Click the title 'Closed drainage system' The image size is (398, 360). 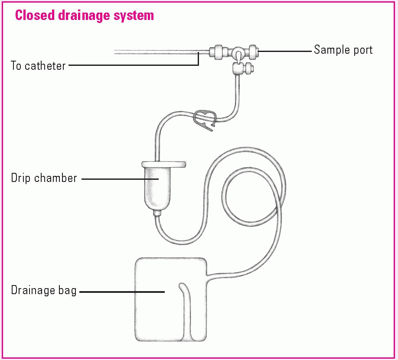tap(84, 16)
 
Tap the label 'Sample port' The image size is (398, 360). tap(343, 50)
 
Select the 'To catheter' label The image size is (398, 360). tap(38, 66)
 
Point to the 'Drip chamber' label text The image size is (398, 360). tap(44, 178)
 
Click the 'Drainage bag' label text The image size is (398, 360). tap(43, 290)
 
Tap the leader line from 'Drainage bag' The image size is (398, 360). tap(121, 292)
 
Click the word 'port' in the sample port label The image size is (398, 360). tap(362, 50)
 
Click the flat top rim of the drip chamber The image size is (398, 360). tap(163, 164)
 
